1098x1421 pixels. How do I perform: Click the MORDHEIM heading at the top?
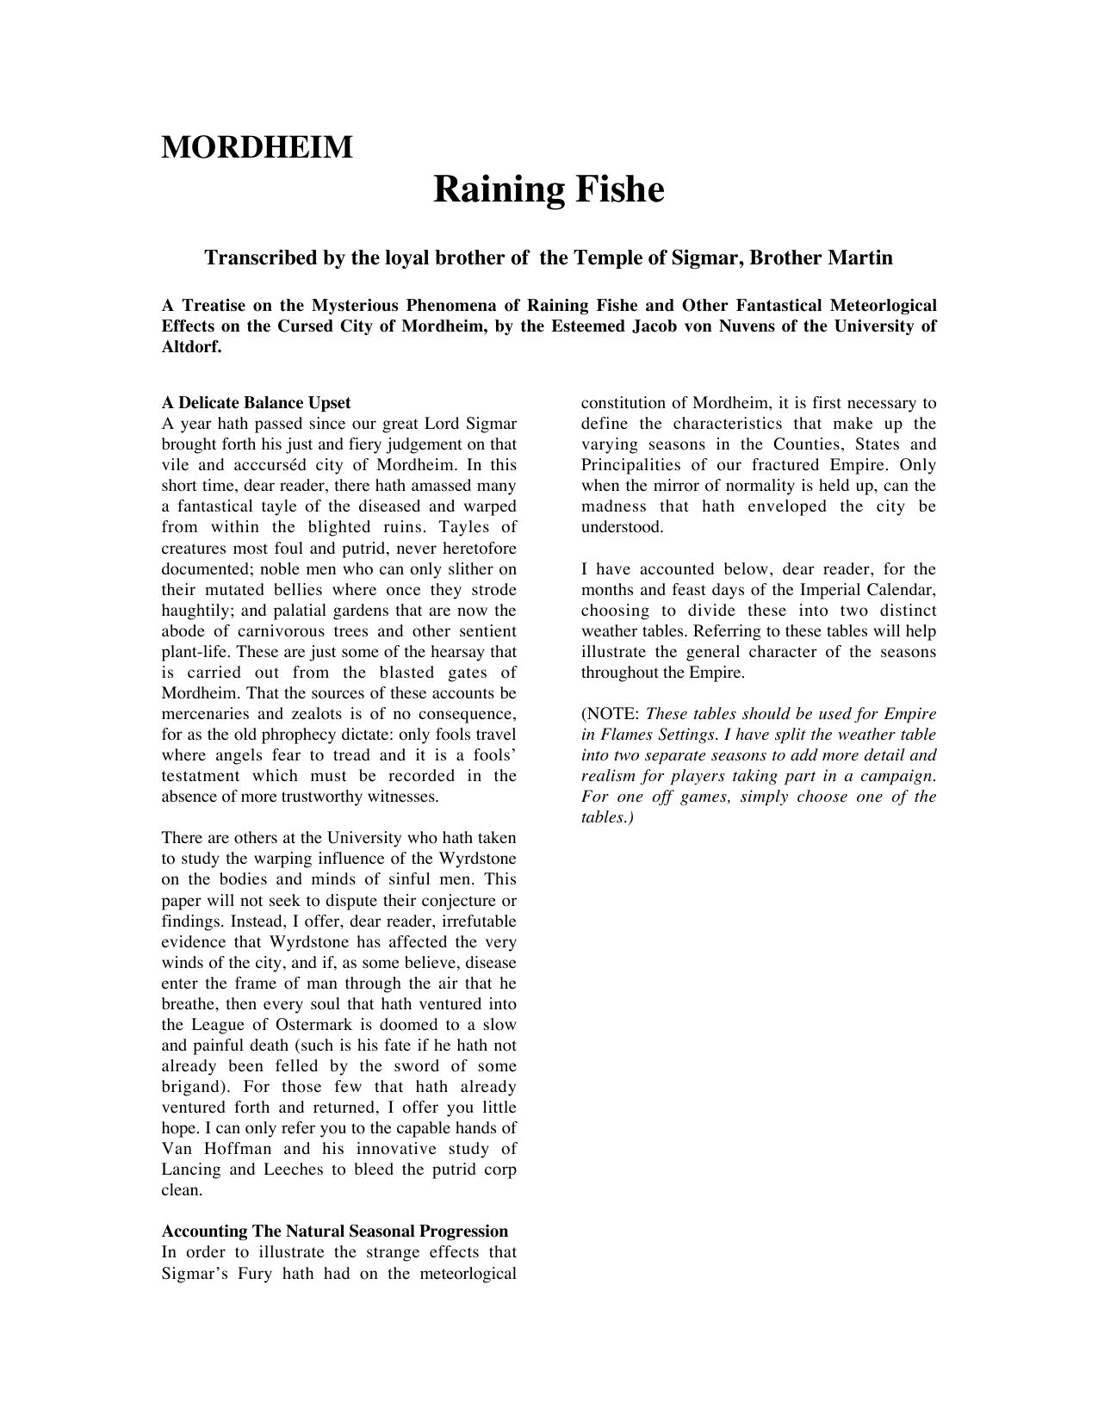pyautogui.click(x=257, y=147)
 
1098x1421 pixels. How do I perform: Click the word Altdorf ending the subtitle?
pyautogui.click(x=191, y=347)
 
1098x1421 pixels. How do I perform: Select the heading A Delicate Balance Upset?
pyautogui.click(x=256, y=403)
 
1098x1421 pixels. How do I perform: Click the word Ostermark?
pyautogui.click(x=313, y=1025)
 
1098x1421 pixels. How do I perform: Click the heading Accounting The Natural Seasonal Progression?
pyautogui.click(x=335, y=1232)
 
